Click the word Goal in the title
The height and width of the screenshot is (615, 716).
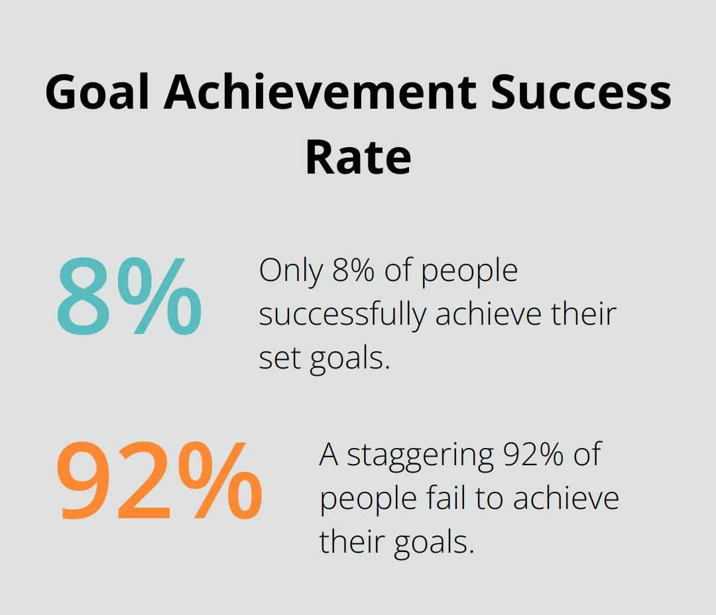pyautogui.click(x=97, y=92)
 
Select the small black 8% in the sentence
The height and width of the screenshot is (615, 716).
pyautogui.click(x=349, y=271)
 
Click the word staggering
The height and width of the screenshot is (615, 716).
pyautogui.click(x=420, y=455)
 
